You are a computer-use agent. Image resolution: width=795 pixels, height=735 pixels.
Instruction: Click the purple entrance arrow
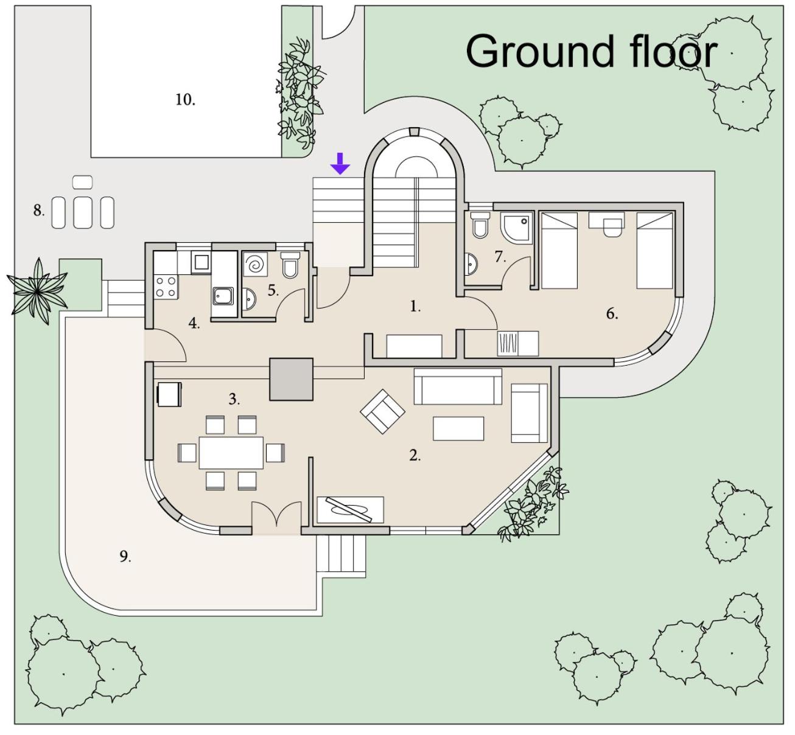pyautogui.click(x=340, y=163)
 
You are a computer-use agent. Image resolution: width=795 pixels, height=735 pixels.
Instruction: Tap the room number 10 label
pyautogui.click(x=185, y=100)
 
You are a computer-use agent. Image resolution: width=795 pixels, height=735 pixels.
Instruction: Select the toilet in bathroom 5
pyautogui.click(x=290, y=265)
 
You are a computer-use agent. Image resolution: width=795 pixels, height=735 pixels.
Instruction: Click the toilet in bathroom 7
pyautogui.click(x=480, y=225)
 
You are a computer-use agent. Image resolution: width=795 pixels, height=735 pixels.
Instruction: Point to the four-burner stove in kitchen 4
pyautogui.click(x=166, y=287)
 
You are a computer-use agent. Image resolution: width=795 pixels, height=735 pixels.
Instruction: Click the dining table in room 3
pyautogui.click(x=231, y=453)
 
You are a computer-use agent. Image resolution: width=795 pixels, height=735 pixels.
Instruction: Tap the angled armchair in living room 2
pyautogui.click(x=382, y=411)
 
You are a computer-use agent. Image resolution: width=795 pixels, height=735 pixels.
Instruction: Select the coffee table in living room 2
pyautogui.click(x=458, y=428)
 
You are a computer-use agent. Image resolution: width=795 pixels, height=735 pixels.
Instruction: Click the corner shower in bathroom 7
pyautogui.click(x=516, y=228)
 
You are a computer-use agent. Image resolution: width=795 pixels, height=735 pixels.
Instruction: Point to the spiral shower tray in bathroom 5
pyautogui.click(x=255, y=264)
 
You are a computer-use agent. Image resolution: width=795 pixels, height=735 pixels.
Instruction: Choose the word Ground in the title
pyautogui.click(x=540, y=52)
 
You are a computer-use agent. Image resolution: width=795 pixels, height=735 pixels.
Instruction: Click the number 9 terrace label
pyautogui.click(x=125, y=557)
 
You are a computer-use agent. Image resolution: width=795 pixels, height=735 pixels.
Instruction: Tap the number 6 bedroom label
pyautogui.click(x=612, y=314)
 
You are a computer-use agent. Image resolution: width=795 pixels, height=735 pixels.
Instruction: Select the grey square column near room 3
pyautogui.click(x=291, y=379)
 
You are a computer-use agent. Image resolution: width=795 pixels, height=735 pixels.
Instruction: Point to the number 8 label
pyautogui.click(x=38, y=211)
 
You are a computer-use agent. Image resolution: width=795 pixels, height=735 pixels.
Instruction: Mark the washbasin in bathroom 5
pyautogui.click(x=249, y=299)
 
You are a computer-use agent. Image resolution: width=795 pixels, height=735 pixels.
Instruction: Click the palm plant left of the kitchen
pyautogui.click(x=37, y=291)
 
